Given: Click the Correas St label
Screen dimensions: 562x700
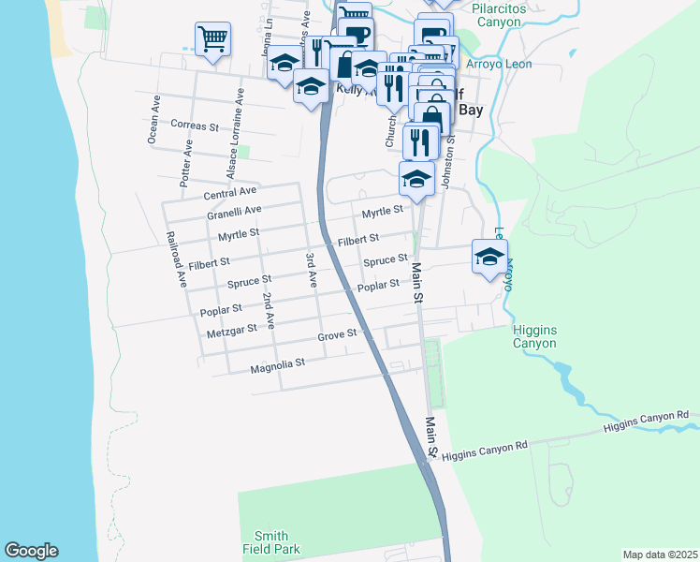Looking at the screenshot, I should tap(195, 125).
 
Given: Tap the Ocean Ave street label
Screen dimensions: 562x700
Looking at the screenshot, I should tap(154, 119).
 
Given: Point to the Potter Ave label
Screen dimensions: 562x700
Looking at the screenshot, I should tap(186, 160).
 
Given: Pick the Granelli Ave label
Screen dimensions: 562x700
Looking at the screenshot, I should tap(234, 213).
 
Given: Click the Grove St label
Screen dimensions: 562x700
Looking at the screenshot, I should tap(337, 333).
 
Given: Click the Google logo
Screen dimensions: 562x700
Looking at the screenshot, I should tap(31, 551).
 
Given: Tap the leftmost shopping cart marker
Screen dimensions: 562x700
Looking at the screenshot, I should tap(213, 40).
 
